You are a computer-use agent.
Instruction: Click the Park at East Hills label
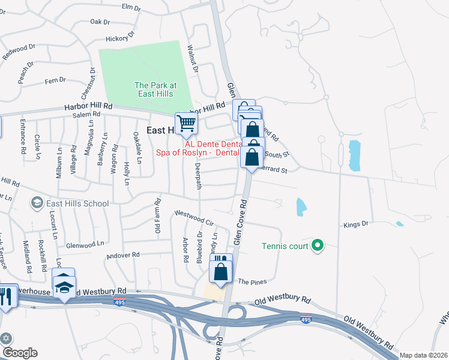click(154, 89)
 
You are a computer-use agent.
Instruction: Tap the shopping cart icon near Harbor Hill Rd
click(186, 123)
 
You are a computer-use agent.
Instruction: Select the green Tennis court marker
click(318, 245)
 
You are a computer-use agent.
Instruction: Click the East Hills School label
click(71, 203)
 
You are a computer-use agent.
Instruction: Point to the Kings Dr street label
click(355, 224)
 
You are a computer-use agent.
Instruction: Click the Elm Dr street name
click(130, 7)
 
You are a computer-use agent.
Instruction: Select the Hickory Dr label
click(117, 38)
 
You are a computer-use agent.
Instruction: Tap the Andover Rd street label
click(122, 255)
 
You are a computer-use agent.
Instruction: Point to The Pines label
click(252, 281)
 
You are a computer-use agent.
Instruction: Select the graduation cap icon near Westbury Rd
click(65, 287)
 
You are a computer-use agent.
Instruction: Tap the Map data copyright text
click(423, 355)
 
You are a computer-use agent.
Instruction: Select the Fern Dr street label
click(55, 80)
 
